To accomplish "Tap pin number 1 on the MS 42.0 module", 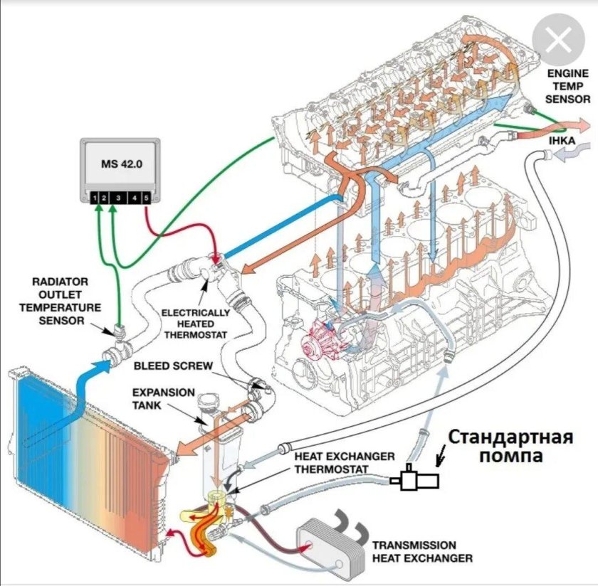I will (x=93, y=197).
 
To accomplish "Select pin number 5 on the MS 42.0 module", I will (x=147, y=197).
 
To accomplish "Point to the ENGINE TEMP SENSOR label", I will (x=568, y=86).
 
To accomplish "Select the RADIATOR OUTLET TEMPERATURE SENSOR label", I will (x=61, y=300).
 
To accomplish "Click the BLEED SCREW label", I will (x=173, y=366).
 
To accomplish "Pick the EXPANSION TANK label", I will (x=151, y=398).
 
